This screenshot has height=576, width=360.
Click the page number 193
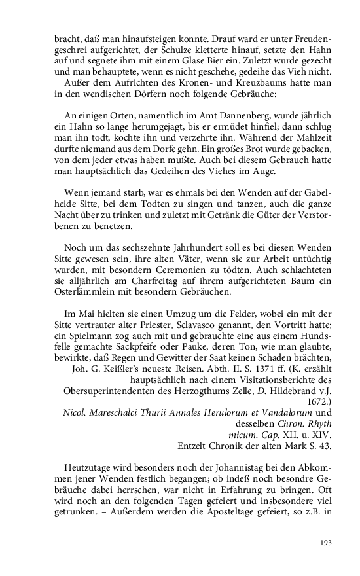point(324,542)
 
